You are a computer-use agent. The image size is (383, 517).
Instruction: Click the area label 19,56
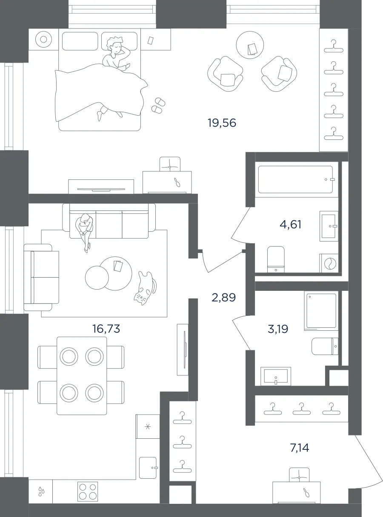222,123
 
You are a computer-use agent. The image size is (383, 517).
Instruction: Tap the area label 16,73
106,329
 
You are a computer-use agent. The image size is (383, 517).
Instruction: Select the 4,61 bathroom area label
290,224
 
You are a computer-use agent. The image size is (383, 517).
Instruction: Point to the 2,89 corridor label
223,298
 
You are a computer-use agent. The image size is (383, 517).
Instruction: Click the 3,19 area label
278,329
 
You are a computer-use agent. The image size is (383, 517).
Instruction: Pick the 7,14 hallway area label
300,448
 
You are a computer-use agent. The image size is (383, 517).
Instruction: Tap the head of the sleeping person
115,46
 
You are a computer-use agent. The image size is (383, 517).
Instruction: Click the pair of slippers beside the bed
158,105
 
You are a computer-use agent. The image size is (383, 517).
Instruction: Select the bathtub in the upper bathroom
295,179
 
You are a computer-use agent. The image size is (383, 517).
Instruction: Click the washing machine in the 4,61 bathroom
329,263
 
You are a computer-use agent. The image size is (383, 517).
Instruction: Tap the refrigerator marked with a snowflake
148,426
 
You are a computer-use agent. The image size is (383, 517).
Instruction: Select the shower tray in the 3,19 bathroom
321,312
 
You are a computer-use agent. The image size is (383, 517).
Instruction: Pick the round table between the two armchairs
250,45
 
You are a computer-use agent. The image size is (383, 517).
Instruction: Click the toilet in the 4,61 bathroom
276,259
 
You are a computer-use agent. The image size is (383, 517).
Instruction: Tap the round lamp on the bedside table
43,39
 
